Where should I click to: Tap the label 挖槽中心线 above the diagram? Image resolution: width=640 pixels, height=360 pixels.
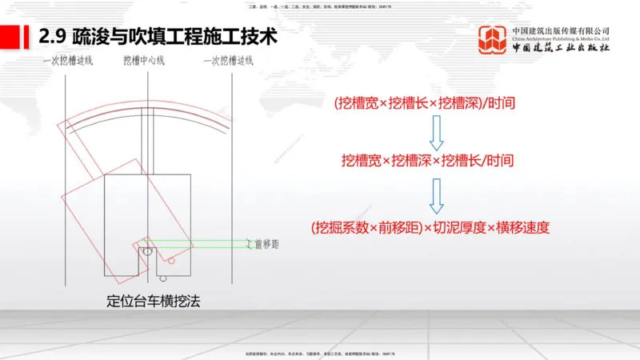(144, 61)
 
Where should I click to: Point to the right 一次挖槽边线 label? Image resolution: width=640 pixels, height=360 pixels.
(226, 61)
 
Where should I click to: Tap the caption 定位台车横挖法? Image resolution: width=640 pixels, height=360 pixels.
(152, 302)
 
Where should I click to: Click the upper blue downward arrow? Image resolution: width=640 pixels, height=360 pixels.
(437, 130)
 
